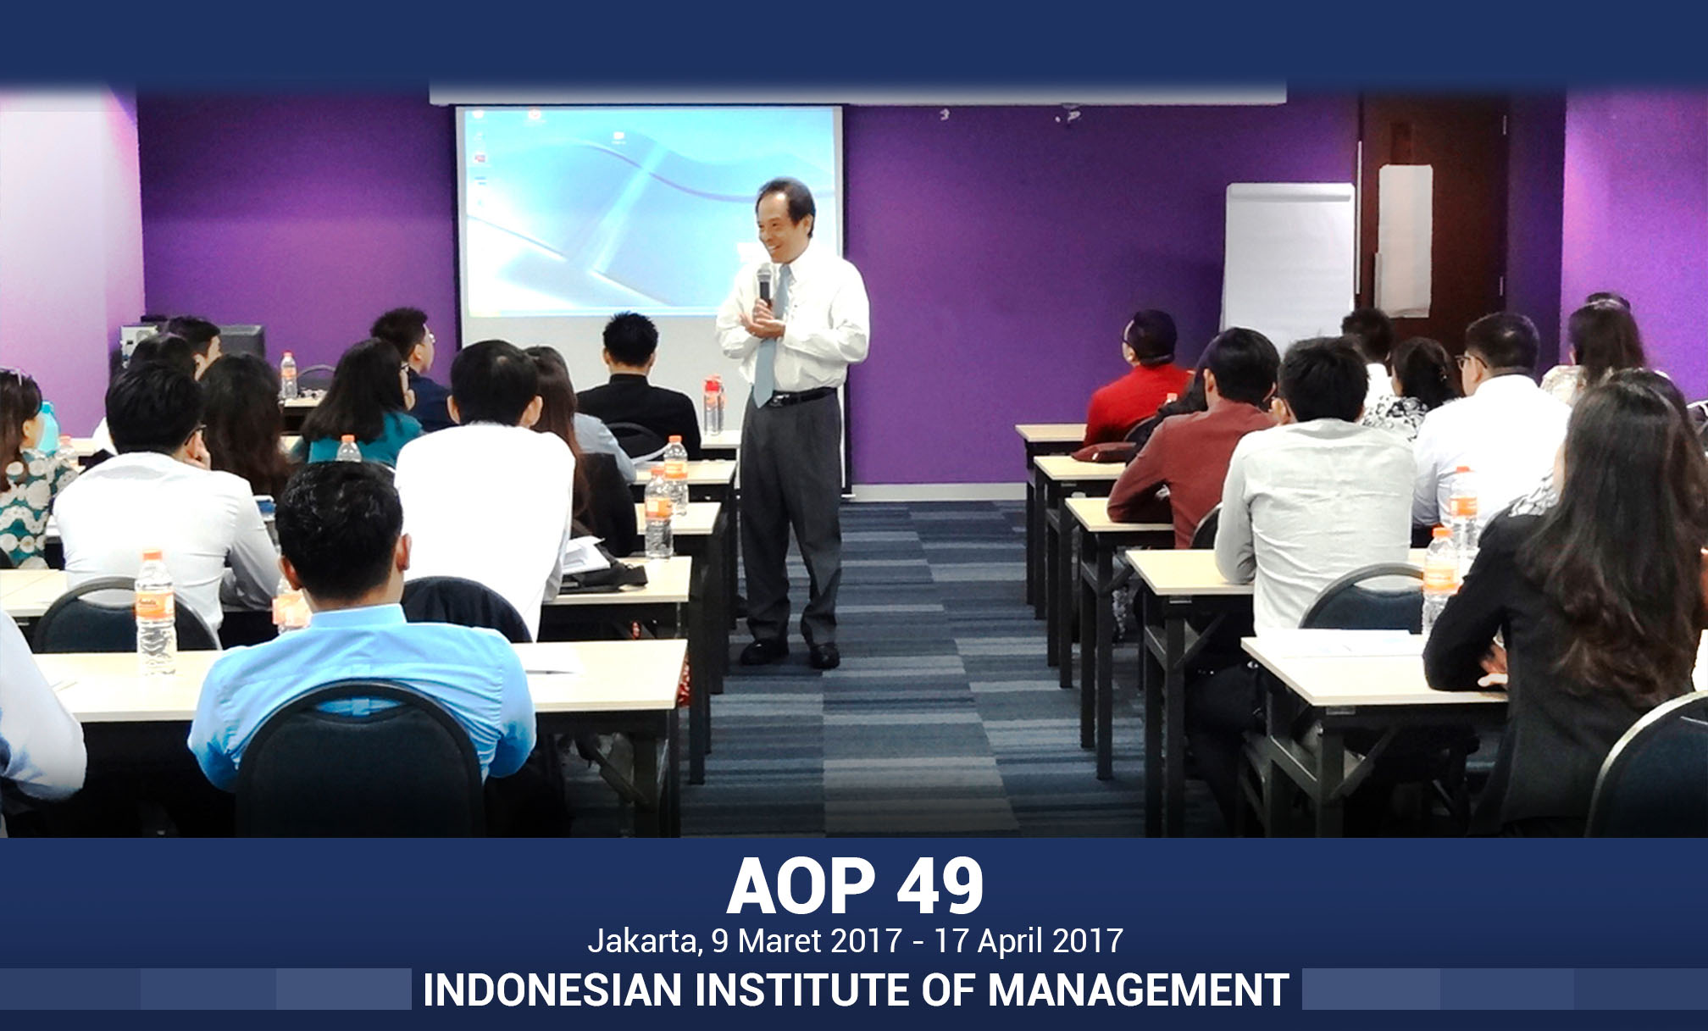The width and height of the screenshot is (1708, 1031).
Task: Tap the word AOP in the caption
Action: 801,886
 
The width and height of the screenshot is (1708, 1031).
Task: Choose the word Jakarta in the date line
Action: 645,941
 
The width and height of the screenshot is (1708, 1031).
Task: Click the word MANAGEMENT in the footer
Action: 1139,989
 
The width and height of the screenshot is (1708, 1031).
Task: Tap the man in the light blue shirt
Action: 356,644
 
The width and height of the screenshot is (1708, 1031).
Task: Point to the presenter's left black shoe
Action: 824,655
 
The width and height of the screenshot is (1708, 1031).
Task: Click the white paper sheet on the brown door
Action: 1406,241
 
